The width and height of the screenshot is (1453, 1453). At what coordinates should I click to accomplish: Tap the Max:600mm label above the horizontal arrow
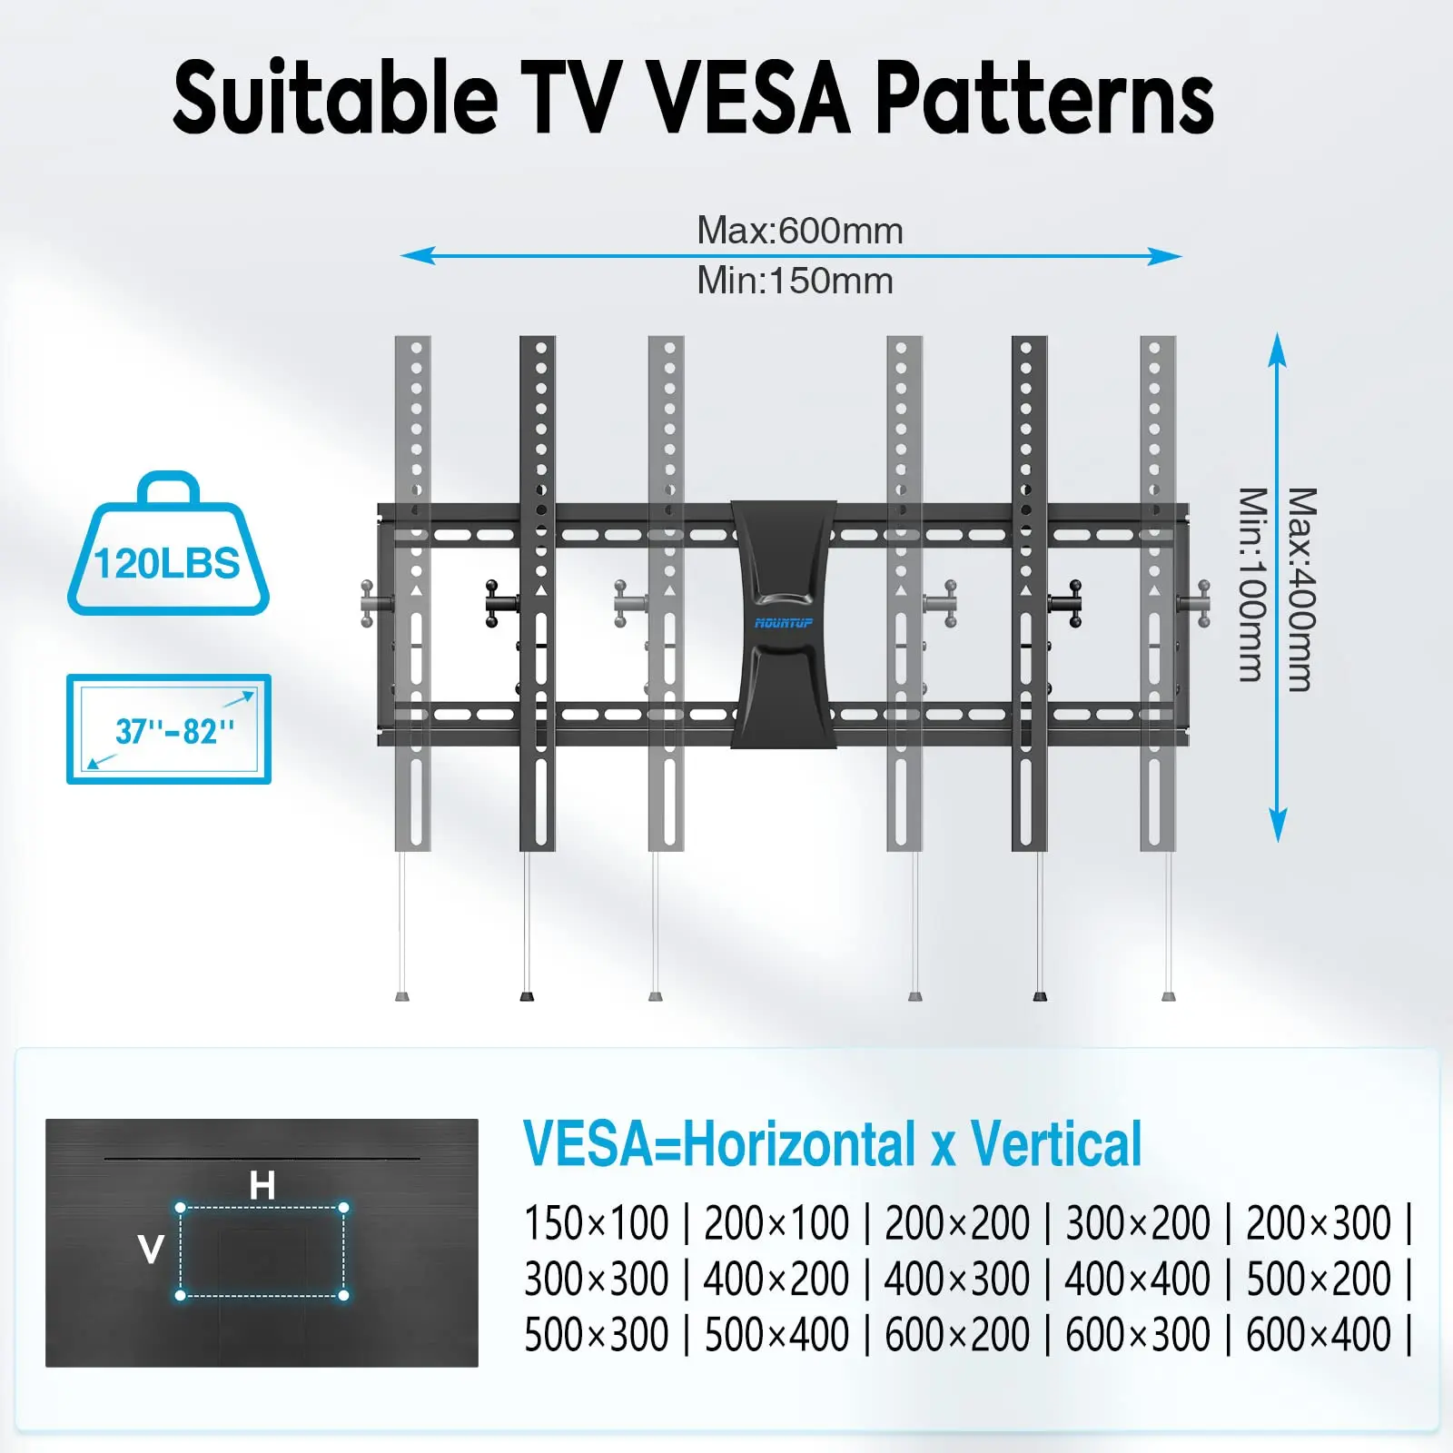point(800,231)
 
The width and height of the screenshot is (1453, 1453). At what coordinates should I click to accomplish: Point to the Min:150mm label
point(795,281)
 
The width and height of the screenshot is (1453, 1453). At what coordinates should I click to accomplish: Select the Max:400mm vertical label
point(1301,589)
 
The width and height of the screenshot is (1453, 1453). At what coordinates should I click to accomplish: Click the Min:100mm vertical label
point(1252,585)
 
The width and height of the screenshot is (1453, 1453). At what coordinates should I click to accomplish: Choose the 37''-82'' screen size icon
point(169,729)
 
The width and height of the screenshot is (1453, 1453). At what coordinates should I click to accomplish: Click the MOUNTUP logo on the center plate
point(784,623)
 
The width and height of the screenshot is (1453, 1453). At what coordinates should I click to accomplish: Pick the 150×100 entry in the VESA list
point(597,1222)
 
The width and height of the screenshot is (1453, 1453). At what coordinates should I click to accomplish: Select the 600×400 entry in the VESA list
point(1319,1335)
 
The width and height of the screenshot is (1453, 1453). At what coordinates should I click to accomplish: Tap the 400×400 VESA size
point(1137,1279)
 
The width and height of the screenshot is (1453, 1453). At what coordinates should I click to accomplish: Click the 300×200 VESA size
point(1137,1222)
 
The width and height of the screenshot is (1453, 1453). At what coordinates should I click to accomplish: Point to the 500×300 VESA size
point(597,1335)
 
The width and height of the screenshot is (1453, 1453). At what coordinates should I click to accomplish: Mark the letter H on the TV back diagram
point(262,1185)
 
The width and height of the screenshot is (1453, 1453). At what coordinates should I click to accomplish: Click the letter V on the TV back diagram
point(151,1250)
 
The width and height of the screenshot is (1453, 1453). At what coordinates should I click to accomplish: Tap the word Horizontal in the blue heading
point(800,1144)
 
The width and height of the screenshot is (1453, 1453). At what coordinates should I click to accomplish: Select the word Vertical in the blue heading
point(1056,1144)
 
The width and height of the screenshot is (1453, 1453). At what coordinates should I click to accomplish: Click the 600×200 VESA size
point(957,1335)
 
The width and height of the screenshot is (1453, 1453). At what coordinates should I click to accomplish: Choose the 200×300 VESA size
point(1319,1222)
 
